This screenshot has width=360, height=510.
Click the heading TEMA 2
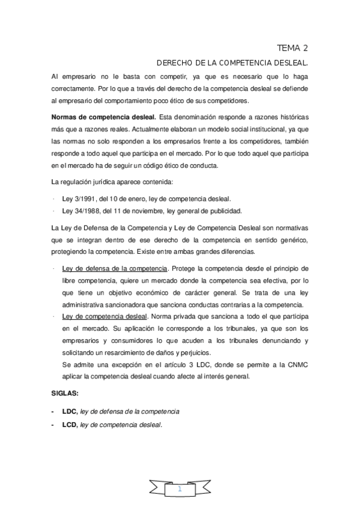[x=292, y=48]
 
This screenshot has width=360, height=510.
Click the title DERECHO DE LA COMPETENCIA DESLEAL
[x=232, y=63]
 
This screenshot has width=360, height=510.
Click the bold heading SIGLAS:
[x=66, y=394]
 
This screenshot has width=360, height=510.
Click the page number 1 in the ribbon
[x=179, y=490]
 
